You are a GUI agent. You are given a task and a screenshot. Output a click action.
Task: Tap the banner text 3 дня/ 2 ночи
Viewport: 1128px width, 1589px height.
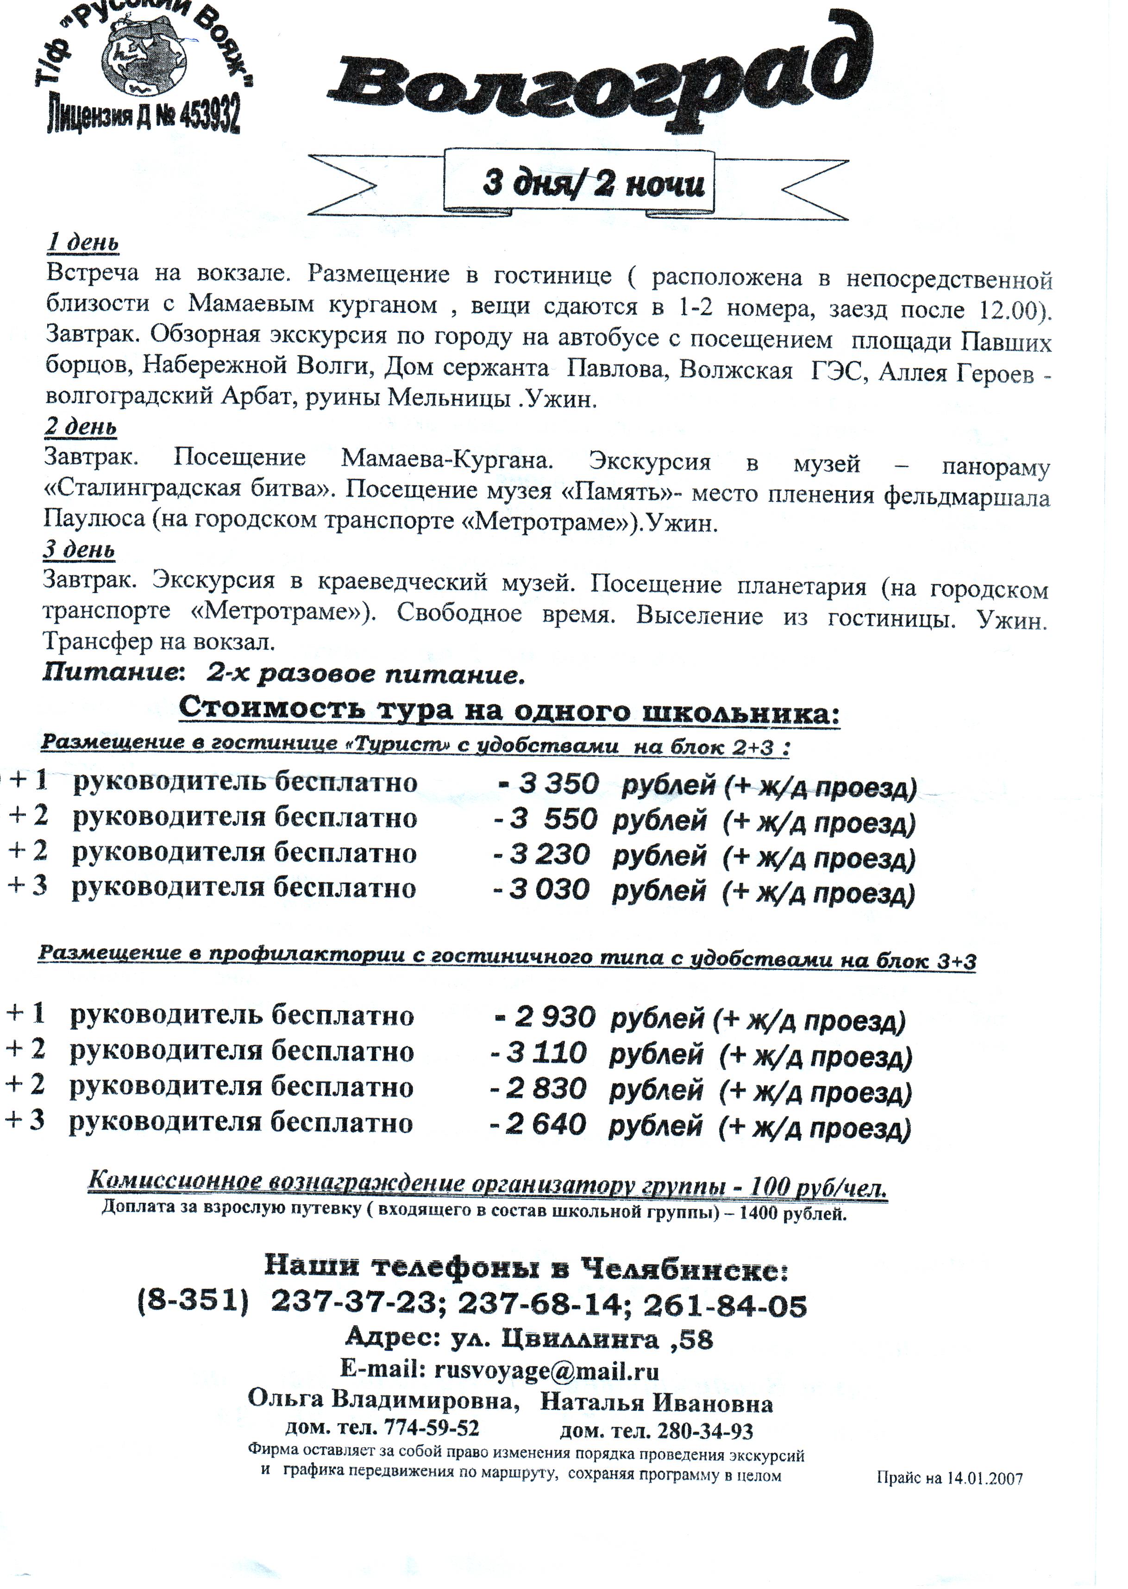tap(594, 184)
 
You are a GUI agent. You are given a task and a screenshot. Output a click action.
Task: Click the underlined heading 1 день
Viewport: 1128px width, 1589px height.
tap(82, 243)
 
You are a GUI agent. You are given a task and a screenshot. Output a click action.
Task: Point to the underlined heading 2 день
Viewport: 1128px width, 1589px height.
tap(81, 426)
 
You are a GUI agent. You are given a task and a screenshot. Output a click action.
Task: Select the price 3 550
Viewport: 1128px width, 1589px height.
tap(554, 820)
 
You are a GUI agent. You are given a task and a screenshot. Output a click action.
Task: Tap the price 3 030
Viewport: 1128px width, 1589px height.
tap(549, 890)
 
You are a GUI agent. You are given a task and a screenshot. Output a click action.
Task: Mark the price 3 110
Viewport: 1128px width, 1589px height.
tap(546, 1054)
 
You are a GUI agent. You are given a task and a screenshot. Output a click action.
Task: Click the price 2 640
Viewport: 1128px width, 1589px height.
tap(546, 1124)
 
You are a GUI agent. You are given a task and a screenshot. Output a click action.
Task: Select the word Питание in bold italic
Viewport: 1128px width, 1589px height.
tap(107, 673)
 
